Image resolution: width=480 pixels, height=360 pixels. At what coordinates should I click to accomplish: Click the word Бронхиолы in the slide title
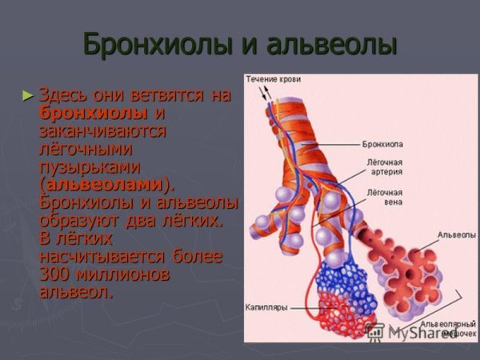coord(152,45)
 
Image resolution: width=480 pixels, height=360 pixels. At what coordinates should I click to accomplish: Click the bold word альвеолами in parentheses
coord(102,184)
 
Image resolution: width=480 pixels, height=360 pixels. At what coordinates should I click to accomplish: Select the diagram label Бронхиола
coord(386,145)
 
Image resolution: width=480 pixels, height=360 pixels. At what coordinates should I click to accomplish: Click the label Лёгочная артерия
coord(385,166)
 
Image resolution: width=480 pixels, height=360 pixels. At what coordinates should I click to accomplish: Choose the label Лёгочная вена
coord(385,197)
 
